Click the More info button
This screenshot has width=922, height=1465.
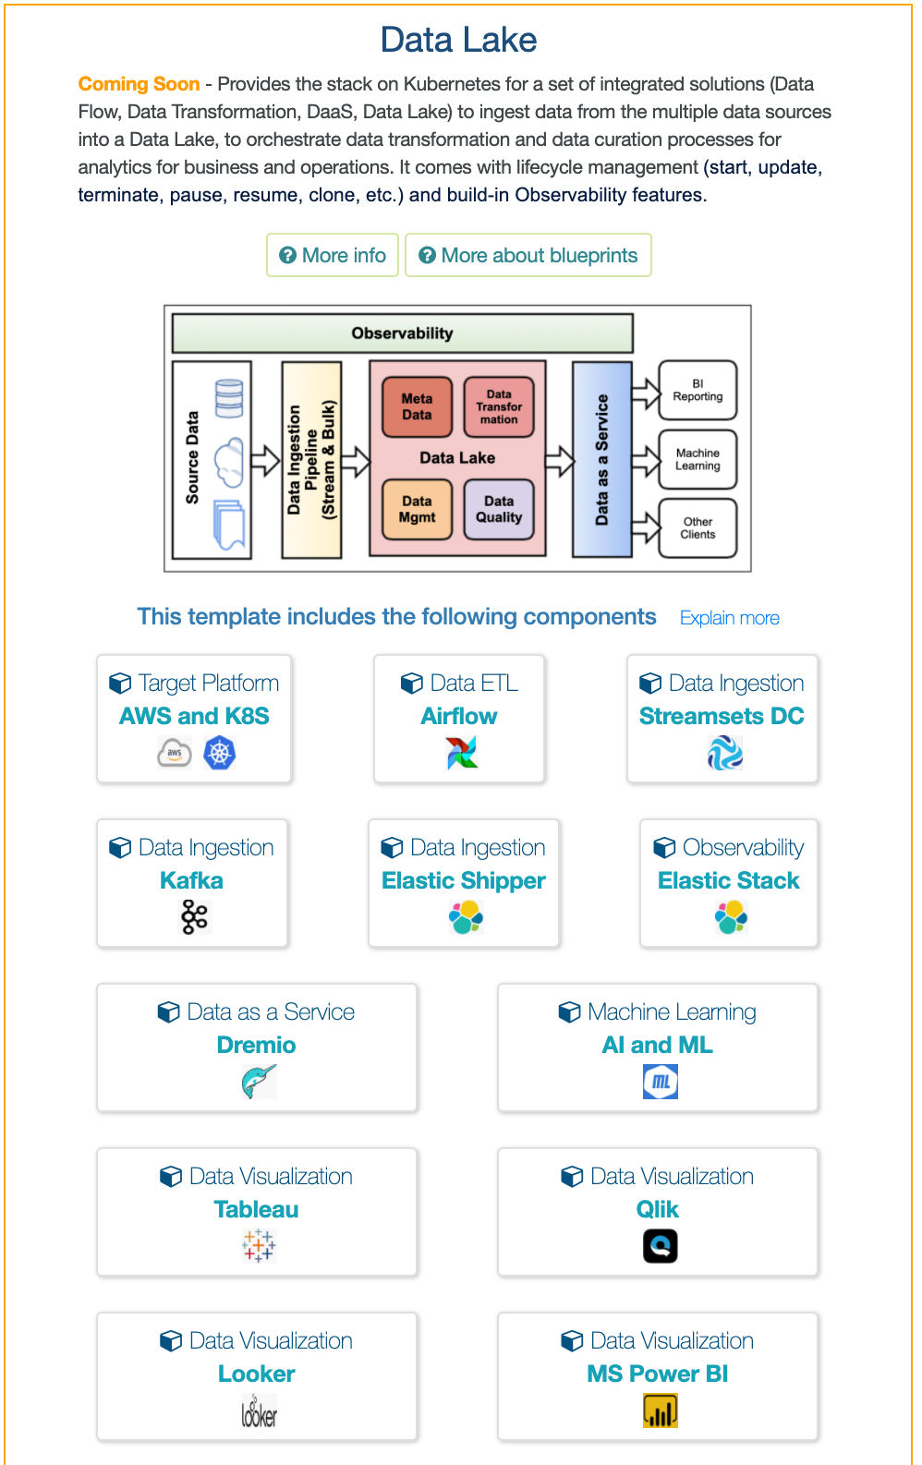point(333,255)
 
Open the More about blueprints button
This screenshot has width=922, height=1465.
point(528,255)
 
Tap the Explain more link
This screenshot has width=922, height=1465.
point(729,618)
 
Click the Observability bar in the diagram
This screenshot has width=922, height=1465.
point(402,333)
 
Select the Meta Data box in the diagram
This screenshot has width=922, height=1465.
point(417,406)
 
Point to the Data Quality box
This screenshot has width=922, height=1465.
point(499,509)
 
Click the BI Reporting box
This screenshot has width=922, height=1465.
point(698,390)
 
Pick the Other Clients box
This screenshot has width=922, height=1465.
point(698,527)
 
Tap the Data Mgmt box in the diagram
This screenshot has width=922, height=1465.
point(417,509)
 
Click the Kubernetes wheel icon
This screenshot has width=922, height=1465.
point(219,753)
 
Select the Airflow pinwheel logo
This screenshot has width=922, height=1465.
point(461,753)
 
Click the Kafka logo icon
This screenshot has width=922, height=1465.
point(194,917)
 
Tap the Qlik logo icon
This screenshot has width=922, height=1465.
point(660,1246)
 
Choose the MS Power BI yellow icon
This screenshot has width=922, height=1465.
point(660,1411)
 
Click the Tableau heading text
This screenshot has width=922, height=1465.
point(256,1209)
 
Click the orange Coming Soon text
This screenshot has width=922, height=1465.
point(139,84)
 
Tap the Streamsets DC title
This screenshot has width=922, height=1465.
point(722,716)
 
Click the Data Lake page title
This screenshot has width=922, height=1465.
point(458,40)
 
